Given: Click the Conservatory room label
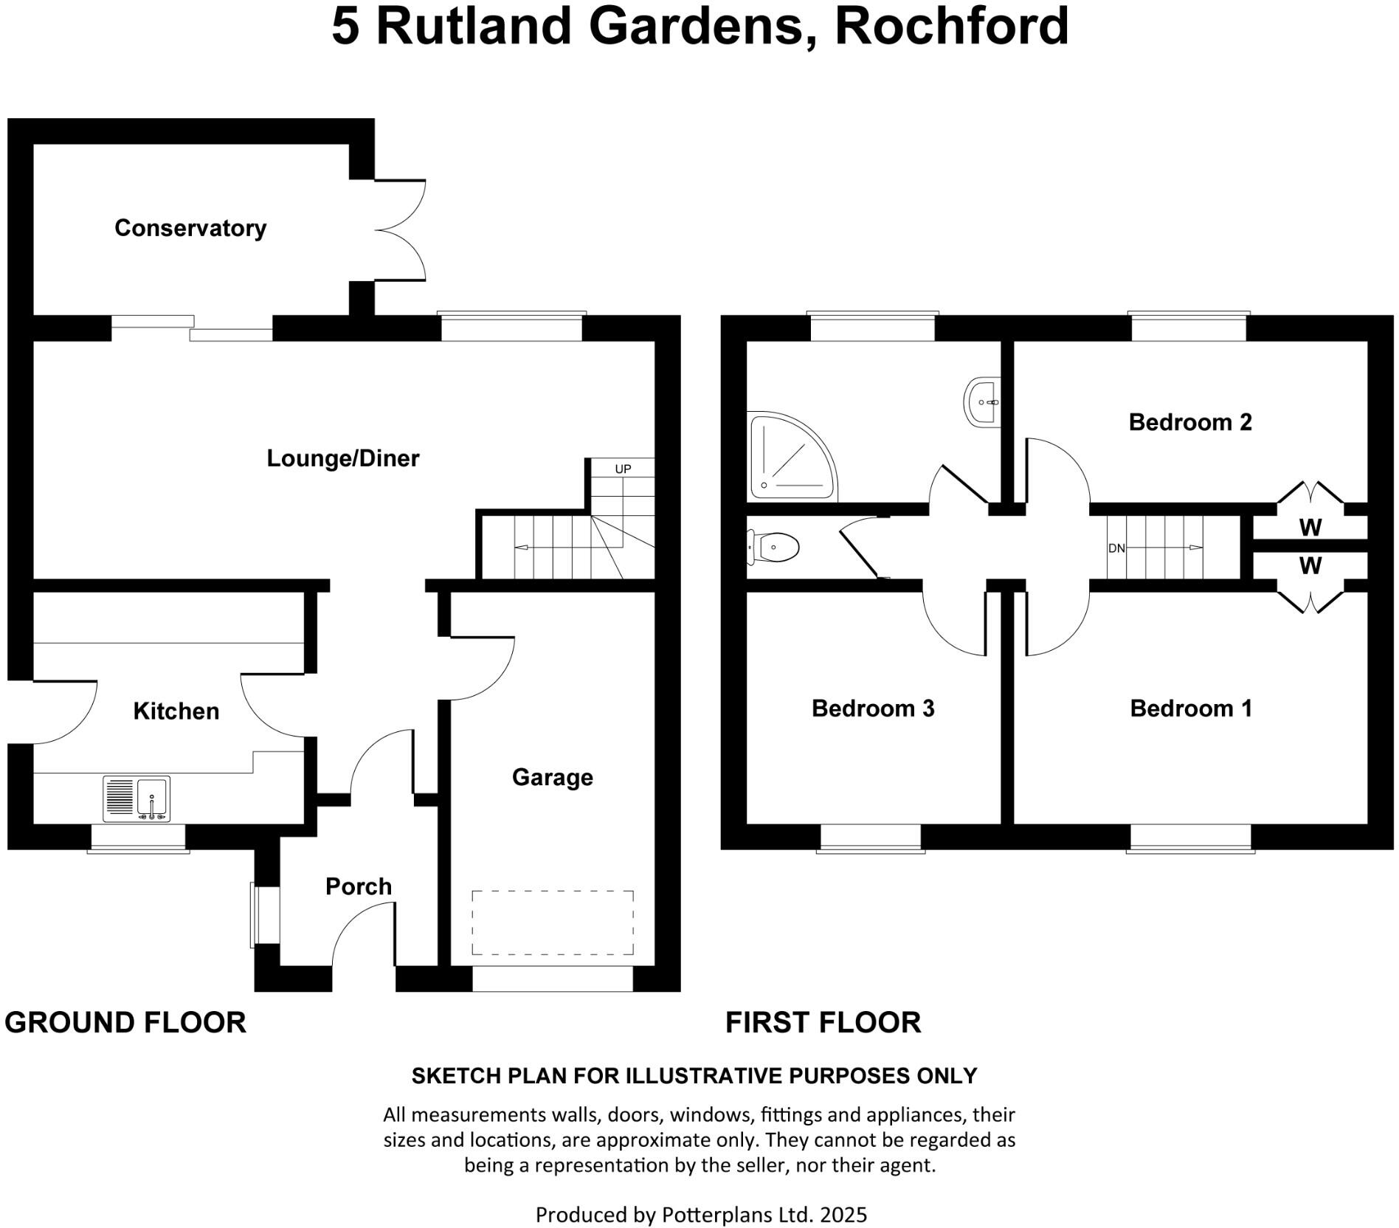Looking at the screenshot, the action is click(x=190, y=228).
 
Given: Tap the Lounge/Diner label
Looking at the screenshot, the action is click(x=342, y=458).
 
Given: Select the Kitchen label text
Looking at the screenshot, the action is click(x=176, y=711).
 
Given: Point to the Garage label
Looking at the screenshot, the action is click(x=553, y=777).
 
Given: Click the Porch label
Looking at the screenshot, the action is click(x=359, y=886).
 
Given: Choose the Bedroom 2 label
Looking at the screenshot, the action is click(x=1190, y=422).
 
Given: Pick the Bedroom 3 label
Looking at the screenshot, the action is click(x=873, y=708).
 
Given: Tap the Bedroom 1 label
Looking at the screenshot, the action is click(x=1191, y=708).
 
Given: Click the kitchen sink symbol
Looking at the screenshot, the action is click(x=137, y=798).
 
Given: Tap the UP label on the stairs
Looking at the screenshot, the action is click(x=623, y=469).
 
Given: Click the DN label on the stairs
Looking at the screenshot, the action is click(x=1116, y=548).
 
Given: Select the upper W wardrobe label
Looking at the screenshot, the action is click(x=1310, y=528).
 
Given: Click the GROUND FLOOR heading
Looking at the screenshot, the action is click(x=125, y=1023).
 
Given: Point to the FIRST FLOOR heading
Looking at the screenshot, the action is click(x=823, y=1023).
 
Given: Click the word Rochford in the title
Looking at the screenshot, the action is click(x=952, y=26).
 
